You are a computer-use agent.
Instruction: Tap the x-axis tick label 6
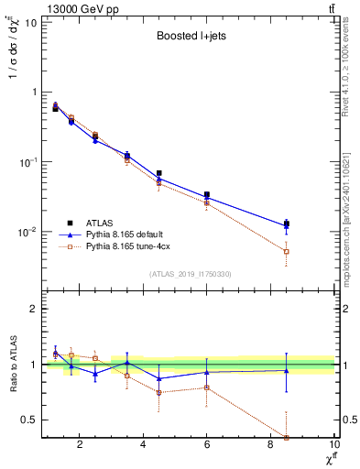[207, 446]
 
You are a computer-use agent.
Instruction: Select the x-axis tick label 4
[144, 446]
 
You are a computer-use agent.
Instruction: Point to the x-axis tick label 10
[334, 446]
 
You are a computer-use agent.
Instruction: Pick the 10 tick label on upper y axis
[30, 22]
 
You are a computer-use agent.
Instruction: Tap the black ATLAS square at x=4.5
[159, 173]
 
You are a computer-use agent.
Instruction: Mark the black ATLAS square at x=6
[207, 195]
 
